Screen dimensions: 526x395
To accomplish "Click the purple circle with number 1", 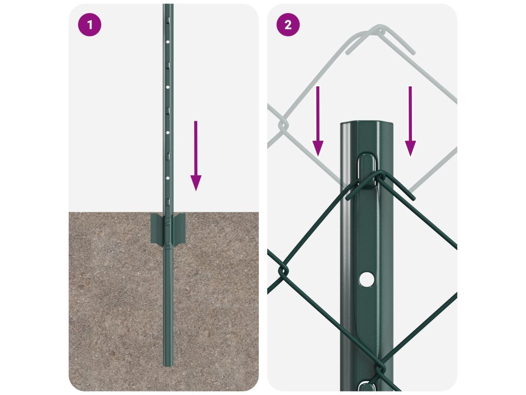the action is pyautogui.click(x=89, y=25).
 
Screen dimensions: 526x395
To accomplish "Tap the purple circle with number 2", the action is pyautogui.click(x=288, y=25).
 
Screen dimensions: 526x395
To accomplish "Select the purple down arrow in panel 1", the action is pyautogui.click(x=196, y=156).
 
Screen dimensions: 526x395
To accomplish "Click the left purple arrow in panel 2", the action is pyautogui.click(x=317, y=121).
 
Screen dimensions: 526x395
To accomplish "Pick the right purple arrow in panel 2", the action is pyautogui.click(x=410, y=121).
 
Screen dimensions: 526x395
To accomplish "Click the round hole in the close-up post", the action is pyautogui.click(x=366, y=279).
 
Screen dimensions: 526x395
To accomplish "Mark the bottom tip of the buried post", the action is pyautogui.click(x=168, y=366).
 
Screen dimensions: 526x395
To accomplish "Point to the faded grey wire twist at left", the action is pyautogui.click(x=284, y=125).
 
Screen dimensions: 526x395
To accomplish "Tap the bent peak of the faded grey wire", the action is pyautogui.click(x=380, y=29).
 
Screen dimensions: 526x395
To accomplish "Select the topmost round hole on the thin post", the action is pyautogui.click(x=168, y=42).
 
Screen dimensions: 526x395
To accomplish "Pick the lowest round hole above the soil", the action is pyautogui.click(x=168, y=177).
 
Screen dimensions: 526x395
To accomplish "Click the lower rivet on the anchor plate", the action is pyautogui.click(x=167, y=243).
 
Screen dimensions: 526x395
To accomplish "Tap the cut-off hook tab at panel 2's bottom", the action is pyautogui.click(x=366, y=386).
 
